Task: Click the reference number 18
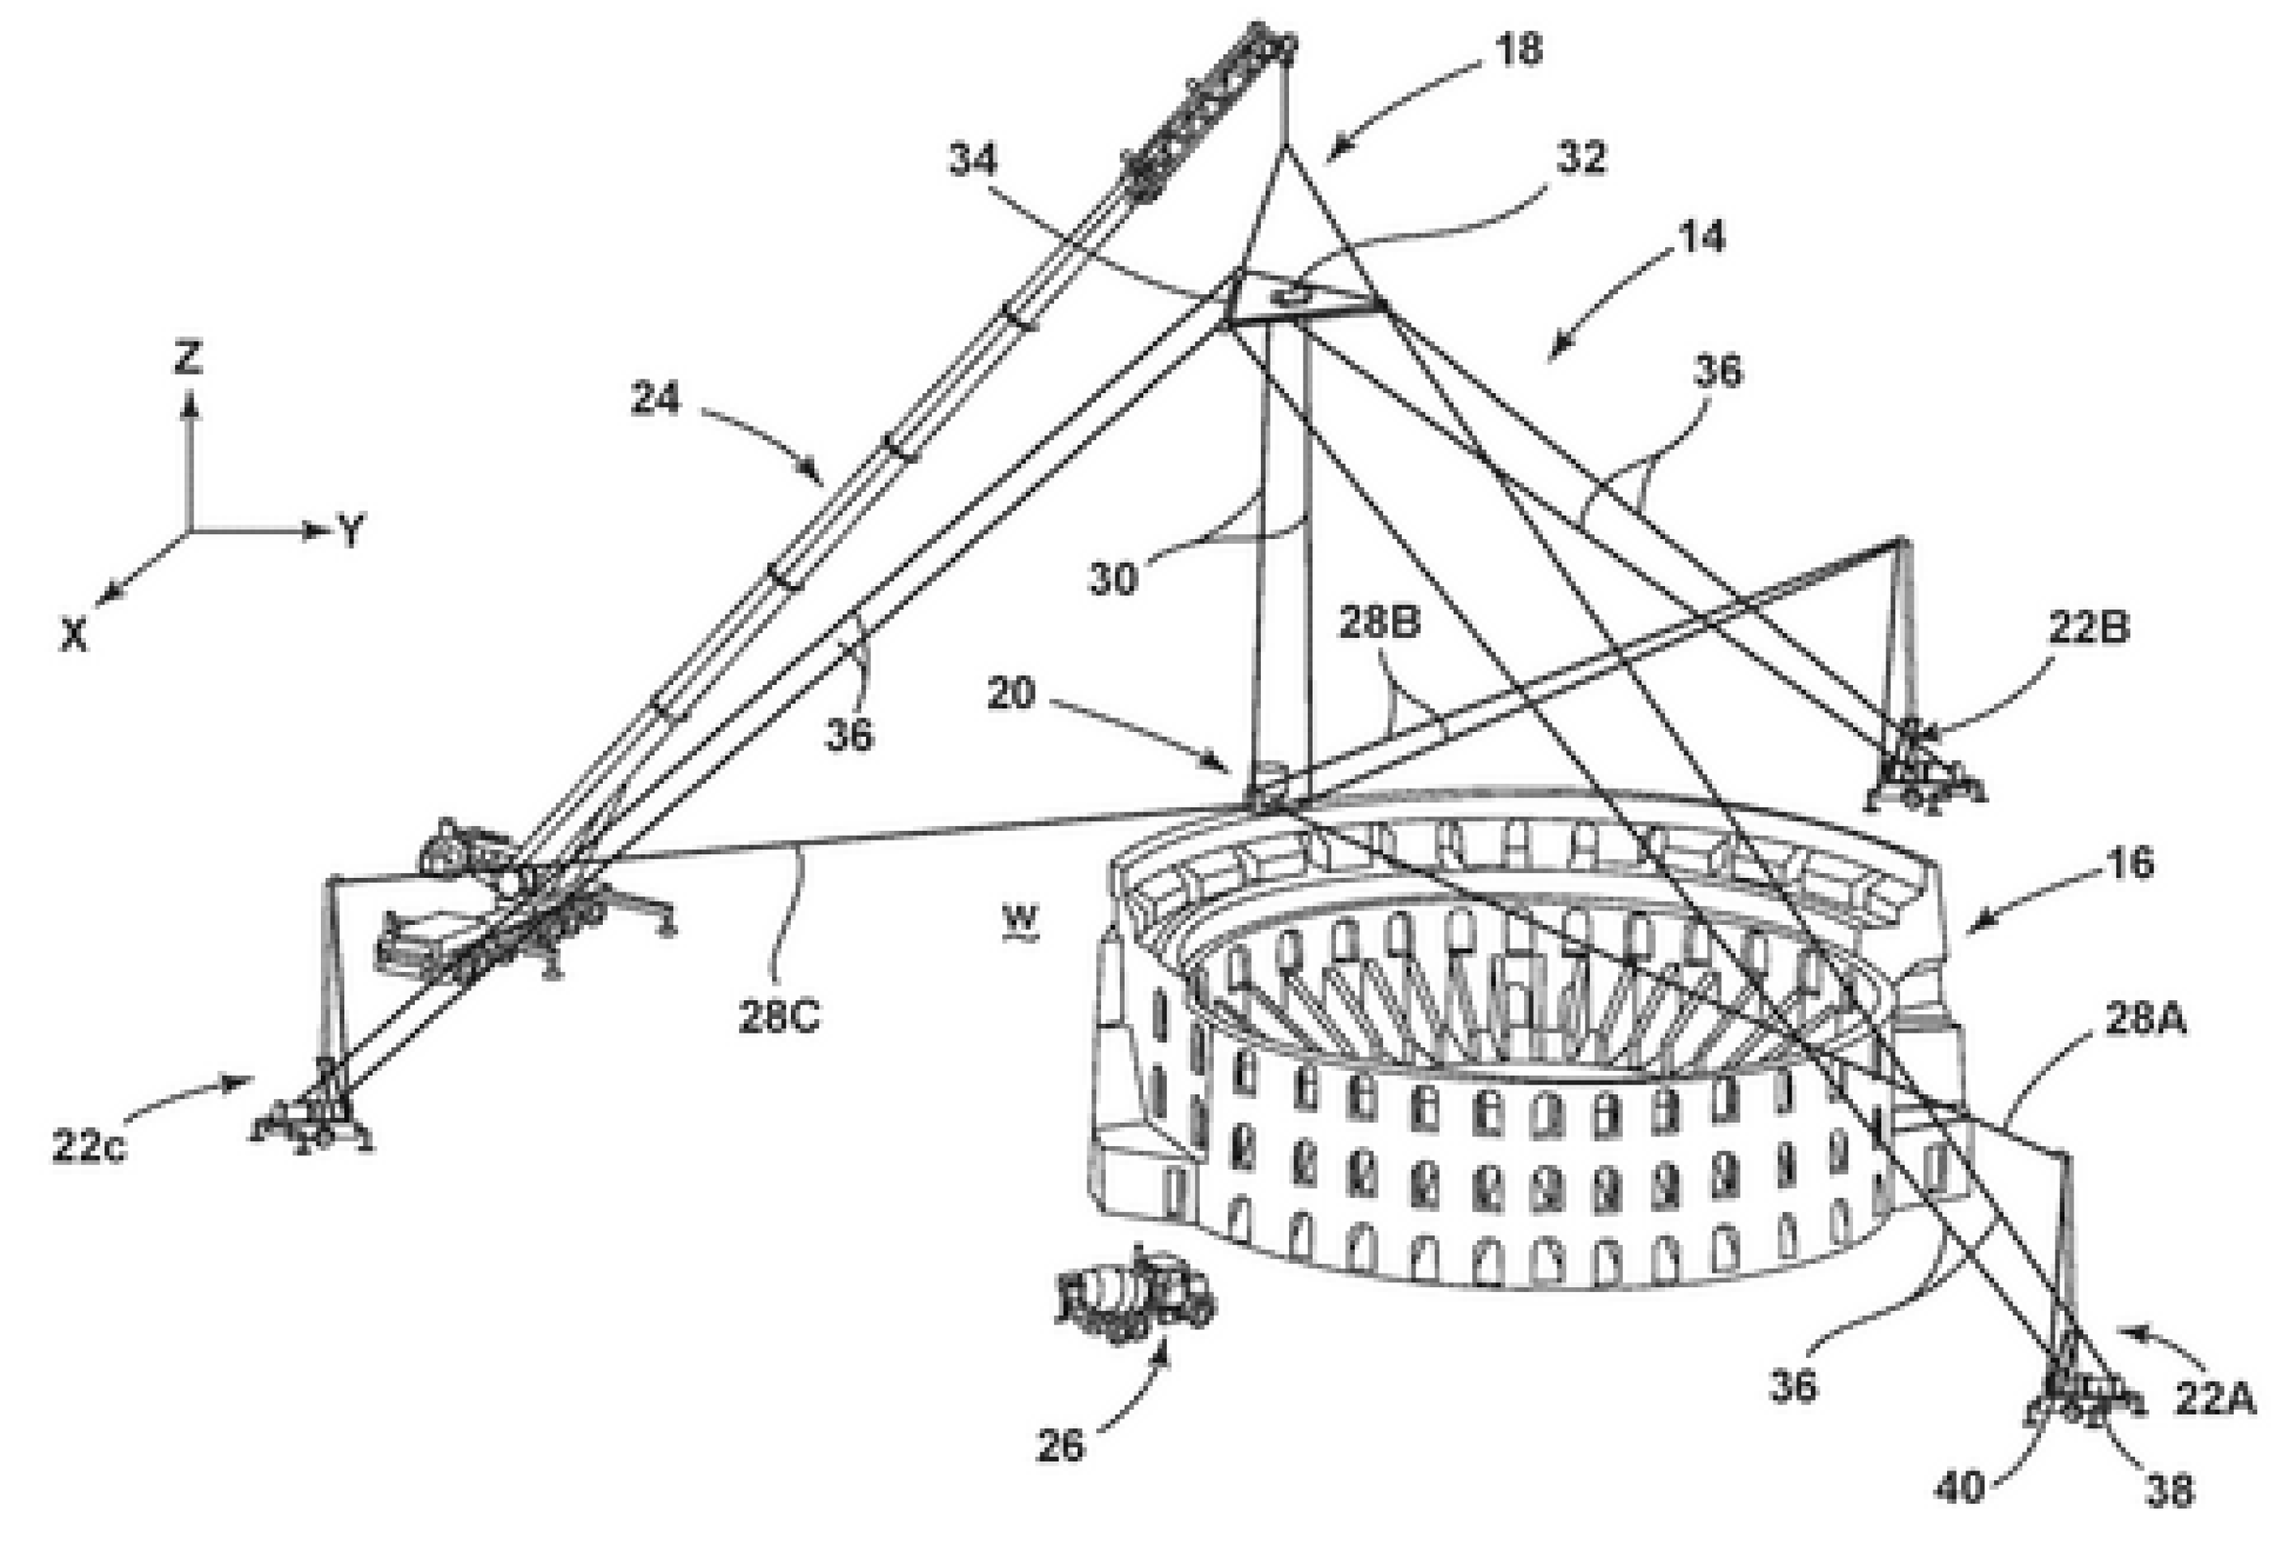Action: (1518, 49)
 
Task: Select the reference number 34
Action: (973, 160)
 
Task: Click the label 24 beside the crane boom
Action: (655, 399)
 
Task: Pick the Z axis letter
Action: (187, 357)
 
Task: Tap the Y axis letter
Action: (351, 531)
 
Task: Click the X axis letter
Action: (74, 634)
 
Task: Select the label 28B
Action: (1378, 623)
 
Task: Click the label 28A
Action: (2146, 1020)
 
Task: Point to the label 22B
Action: (2088, 627)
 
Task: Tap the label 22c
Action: (88, 1146)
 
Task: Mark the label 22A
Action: (2214, 1398)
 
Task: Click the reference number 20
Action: (1010, 694)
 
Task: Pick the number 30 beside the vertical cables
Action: (1113, 579)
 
